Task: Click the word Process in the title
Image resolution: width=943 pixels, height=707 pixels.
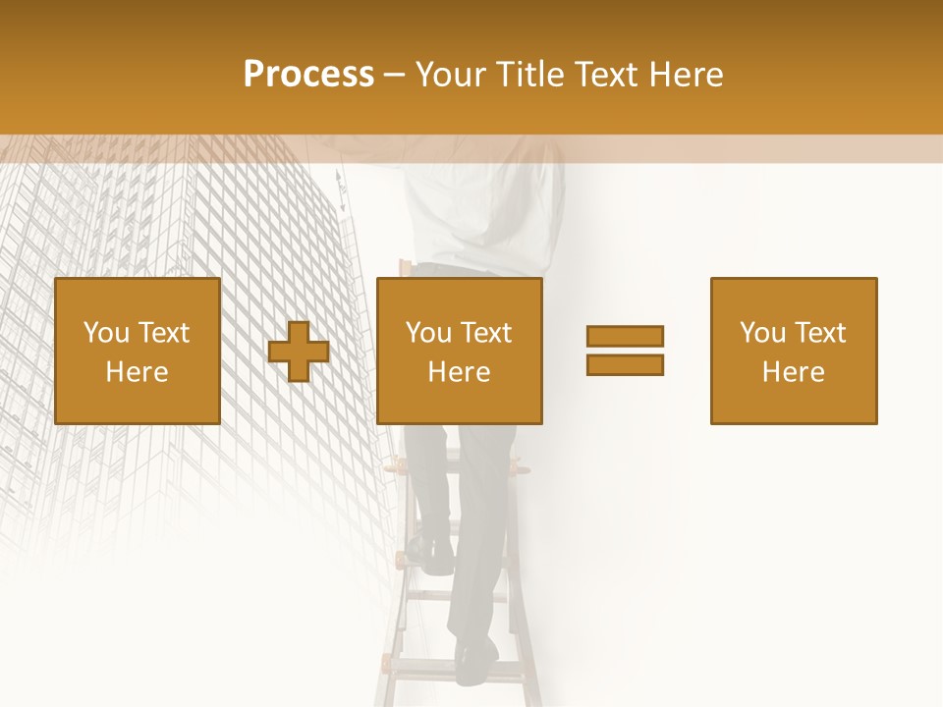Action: pyautogui.click(x=308, y=75)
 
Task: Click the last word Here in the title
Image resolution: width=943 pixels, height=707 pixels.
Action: pyautogui.click(x=689, y=75)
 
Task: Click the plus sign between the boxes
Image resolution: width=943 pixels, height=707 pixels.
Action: pyautogui.click(x=299, y=352)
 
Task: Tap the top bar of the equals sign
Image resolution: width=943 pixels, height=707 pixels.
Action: pyautogui.click(x=625, y=336)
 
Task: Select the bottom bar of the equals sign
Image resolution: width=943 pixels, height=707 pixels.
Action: pyautogui.click(x=625, y=364)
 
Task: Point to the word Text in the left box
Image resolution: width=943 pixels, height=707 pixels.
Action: pyautogui.click(x=165, y=333)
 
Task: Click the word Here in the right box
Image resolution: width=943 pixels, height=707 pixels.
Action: pyautogui.click(x=793, y=372)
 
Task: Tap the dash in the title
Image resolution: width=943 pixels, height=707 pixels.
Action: pyautogui.click(x=395, y=75)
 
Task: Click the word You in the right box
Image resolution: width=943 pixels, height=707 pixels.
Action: pyautogui.click(x=762, y=333)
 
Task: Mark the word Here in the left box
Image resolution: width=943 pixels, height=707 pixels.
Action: pyautogui.click(x=137, y=372)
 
